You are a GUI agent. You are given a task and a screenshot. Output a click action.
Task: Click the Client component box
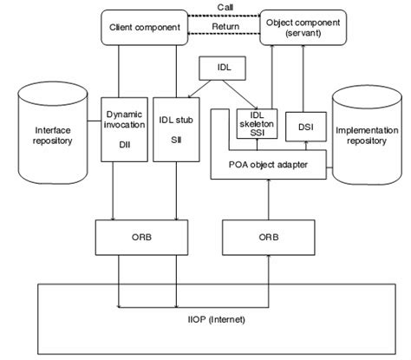pyautogui.click(x=145, y=28)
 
